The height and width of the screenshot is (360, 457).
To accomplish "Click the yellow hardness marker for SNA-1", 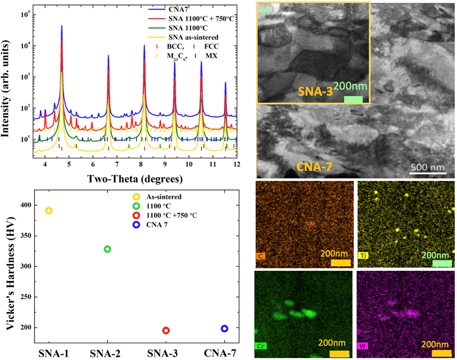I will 49,211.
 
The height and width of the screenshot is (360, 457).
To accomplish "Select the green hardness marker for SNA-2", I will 107,249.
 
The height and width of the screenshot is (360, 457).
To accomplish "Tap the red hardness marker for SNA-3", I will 166,330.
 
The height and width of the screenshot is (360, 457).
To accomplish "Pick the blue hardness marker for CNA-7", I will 225,329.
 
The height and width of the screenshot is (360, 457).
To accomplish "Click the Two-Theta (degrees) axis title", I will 135,179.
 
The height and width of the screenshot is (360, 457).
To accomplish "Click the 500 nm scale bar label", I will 427,167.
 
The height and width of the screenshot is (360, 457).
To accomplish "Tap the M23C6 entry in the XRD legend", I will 167,56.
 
